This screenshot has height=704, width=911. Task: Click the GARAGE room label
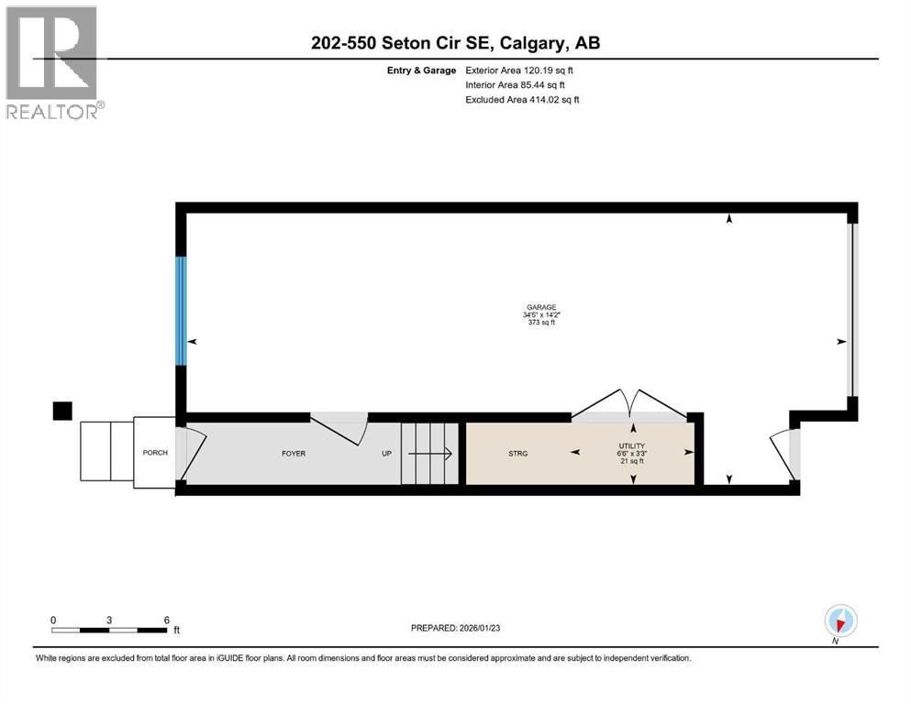[541, 307]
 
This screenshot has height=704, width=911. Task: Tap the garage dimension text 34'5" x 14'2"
[541, 315]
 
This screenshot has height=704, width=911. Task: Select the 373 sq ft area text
[541, 324]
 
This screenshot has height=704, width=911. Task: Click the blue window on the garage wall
[181, 313]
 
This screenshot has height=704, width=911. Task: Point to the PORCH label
[154, 454]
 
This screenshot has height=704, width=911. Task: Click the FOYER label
[293, 454]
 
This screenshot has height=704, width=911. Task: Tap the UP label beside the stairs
[387, 454]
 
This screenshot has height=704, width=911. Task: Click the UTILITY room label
[632, 445]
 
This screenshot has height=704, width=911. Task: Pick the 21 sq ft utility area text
[632, 462]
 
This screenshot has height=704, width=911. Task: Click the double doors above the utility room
[631, 403]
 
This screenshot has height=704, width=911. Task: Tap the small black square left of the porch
[62, 411]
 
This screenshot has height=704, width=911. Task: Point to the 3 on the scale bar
[109, 620]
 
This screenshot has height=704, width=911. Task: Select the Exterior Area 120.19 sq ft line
[522, 70]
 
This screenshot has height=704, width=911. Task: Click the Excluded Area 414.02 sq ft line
[522, 99]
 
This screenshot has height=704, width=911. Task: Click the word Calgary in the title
[531, 43]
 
